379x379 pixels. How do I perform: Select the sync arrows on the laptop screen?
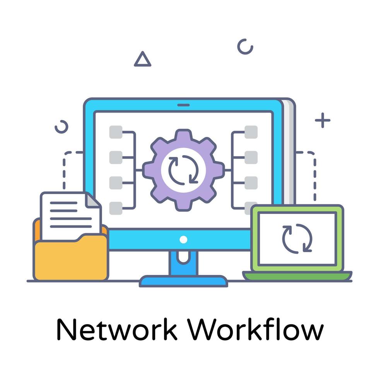pos(297,238)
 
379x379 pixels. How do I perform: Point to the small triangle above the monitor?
pos(142,60)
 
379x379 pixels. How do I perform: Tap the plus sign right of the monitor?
pos(322,120)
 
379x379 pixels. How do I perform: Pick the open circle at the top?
pos(245,47)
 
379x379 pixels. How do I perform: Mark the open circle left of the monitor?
pos(61,126)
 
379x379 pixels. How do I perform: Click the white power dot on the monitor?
pos(184,239)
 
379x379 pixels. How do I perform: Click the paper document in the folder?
pos(70,213)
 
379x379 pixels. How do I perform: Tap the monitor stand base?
pos(183,281)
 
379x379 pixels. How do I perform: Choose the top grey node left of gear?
pos(116,132)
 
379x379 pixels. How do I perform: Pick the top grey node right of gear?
pos(251,132)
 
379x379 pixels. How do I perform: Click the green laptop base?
pos(297,276)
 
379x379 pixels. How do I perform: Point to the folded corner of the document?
pos(93,200)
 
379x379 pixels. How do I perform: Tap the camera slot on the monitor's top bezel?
pos(183,104)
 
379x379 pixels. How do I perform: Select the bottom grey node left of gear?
pos(116,208)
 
